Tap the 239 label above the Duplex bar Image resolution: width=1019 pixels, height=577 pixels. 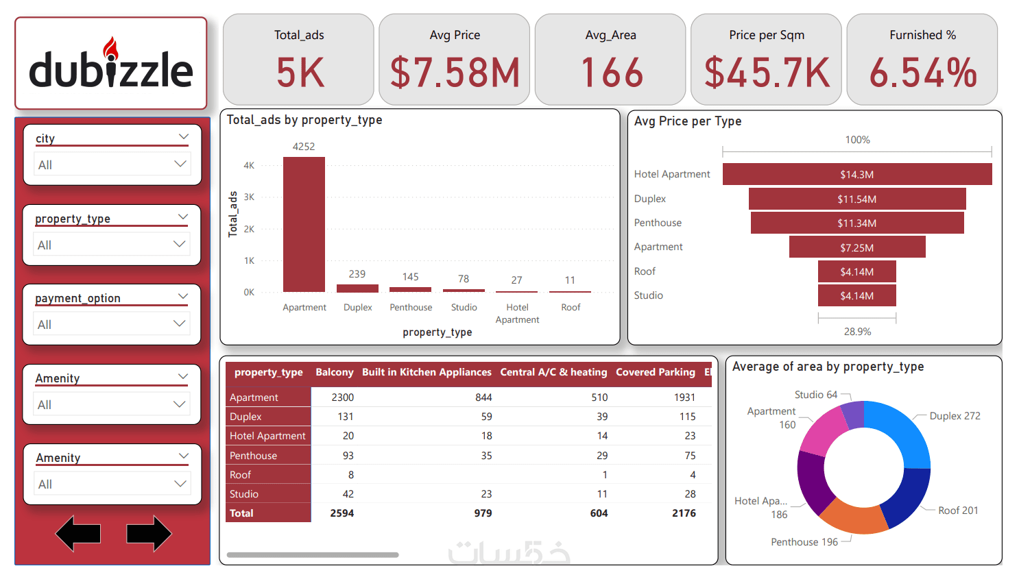357,274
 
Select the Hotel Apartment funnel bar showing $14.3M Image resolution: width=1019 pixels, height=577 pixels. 856,174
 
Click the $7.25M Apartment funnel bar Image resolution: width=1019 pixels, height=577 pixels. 856,247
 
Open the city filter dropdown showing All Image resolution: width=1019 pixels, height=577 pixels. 112,164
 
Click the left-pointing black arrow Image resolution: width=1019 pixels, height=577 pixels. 78,534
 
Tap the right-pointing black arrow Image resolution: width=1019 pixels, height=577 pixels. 149,534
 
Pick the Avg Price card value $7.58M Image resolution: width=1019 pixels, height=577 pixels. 455,73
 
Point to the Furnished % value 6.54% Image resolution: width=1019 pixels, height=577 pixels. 922,73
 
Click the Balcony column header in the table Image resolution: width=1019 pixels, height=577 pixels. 334,372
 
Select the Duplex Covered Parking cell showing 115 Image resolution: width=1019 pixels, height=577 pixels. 687,417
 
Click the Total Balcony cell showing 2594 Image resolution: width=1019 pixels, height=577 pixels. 341,513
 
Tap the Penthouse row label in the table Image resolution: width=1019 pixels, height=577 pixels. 254,456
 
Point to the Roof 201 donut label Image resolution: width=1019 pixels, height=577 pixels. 958,511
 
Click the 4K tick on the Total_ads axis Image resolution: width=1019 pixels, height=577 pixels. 249,165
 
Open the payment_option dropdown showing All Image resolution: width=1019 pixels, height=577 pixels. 112,324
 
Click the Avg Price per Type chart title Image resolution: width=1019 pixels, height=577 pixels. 687,121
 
